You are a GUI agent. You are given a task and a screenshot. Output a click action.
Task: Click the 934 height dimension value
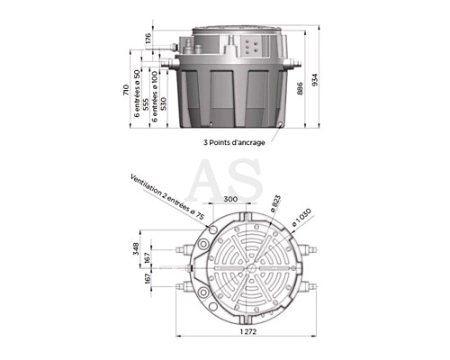(x=314, y=80)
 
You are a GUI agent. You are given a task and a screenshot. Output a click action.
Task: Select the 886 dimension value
(x=300, y=88)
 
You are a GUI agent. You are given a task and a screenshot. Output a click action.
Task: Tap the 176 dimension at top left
(x=148, y=39)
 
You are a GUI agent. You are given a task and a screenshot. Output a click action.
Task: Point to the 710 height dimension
(x=126, y=90)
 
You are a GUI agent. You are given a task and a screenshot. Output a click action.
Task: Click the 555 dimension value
(x=146, y=104)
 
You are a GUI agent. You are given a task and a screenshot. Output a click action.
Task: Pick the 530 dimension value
(x=163, y=103)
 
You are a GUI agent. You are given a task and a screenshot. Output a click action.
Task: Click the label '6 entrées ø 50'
(x=137, y=94)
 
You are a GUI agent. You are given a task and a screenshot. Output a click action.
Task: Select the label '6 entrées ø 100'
(x=154, y=96)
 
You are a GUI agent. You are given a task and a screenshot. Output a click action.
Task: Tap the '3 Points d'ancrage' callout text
(x=234, y=142)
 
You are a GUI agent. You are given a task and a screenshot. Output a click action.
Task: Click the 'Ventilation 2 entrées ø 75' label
(x=166, y=197)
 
